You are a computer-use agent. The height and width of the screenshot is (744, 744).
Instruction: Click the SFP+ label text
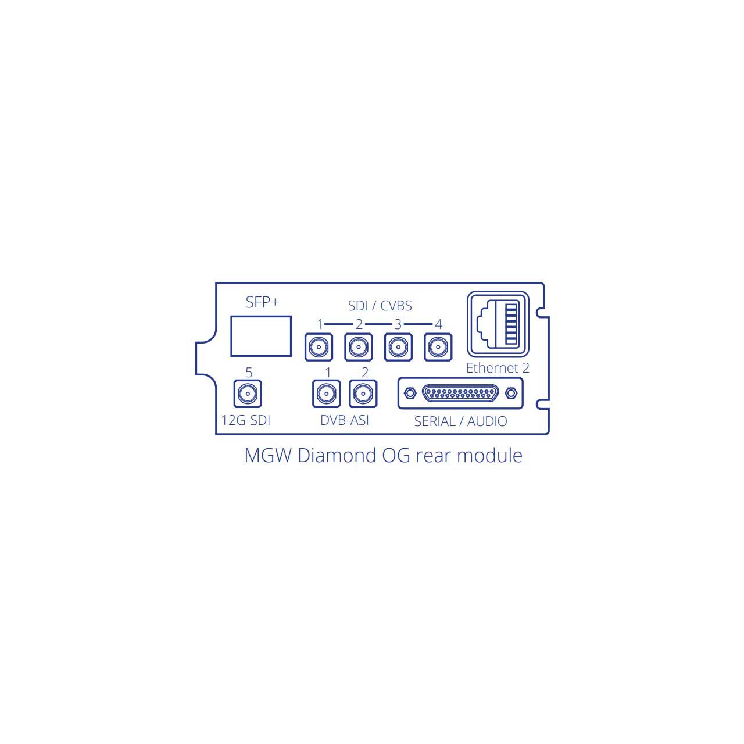click(x=262, y=302)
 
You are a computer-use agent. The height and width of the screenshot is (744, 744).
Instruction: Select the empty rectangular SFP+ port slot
click(x=261, y=336)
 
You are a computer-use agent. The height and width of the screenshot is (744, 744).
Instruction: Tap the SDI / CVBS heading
click(x=380, y=306)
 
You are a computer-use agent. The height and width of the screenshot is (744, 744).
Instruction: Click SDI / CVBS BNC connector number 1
click(x=319, y=347)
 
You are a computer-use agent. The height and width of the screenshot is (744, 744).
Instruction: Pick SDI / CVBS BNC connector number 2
click(x=359, y=347)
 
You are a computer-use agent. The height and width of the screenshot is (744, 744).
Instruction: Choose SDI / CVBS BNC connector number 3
click(x=399, y=347)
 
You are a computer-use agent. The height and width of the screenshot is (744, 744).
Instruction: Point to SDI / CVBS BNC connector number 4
click(x=438, y=347)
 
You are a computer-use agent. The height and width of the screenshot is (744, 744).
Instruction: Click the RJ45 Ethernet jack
click(x=498, y=324)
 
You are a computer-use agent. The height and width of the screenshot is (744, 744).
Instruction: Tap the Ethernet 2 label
click(x=498, y=368)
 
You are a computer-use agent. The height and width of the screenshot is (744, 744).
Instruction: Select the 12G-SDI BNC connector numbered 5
click(x=248, y=394)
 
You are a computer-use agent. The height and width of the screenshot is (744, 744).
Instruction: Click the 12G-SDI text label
click(x=245, y=420)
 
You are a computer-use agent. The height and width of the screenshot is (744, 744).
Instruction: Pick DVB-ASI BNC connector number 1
click(x=327, y=394)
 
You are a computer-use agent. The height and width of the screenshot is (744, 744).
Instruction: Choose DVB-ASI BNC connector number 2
click(x=363, y=394)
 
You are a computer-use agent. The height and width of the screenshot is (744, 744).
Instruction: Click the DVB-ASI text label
click(x=345, y=420)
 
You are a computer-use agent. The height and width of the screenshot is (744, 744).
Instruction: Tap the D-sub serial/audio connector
click(x=460, y=393)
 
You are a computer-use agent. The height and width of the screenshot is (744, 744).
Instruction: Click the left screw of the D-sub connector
click(x=410, y=394)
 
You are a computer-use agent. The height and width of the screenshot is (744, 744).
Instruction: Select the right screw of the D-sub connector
click(x=511, y=394)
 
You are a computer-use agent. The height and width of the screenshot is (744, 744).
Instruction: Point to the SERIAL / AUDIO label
click(x=460, y=421)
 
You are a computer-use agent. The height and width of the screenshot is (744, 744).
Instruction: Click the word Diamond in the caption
click(x=337, y=456)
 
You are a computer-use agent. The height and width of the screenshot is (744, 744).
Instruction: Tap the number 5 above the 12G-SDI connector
click(x=249, y=373)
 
